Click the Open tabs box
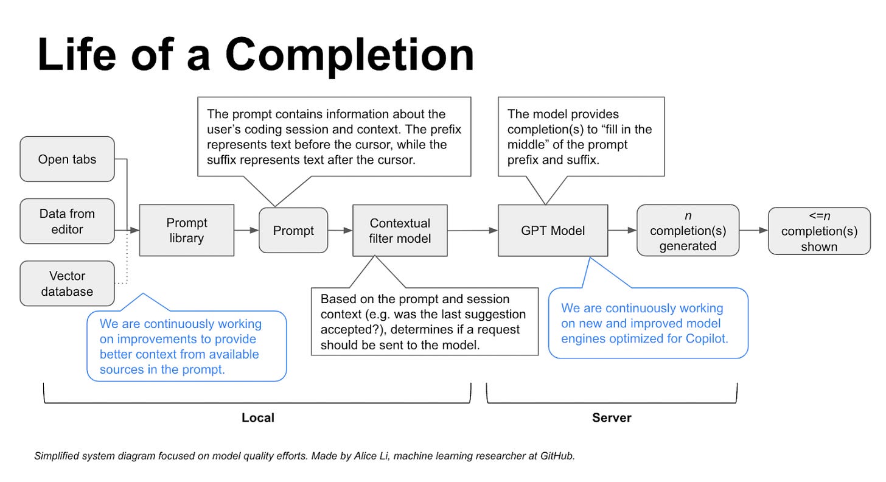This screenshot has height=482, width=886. pyautogui.click(x=67, y=159)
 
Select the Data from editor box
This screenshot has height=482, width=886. pyautogui.click(x=67, y=221)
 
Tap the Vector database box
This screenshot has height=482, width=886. pyautogui.click(x=67, y=284)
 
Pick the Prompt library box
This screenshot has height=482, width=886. pyautogui.click(x=187, y=230)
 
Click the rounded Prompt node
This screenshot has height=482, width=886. pyautogui.click(x=293, y=230)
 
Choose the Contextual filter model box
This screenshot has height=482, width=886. pyautogui.click(x=400, y=230)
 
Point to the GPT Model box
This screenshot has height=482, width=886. pyautogui.click(x=553, y=230)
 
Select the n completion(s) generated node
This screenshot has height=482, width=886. pyautogui.click(x=688, y=230)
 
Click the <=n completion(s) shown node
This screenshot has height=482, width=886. pyautogui.click(x=819, y=231)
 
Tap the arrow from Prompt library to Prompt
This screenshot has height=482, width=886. pyautogui.click(x=246, y=230)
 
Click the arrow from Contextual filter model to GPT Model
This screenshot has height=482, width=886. pyautogui.click(x=473, y=230)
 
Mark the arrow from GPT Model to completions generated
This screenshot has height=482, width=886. pyautogui.click(x=622, y=230)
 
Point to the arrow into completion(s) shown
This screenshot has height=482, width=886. pyautogui.click(x=753, y=230)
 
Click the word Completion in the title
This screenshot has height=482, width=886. pyautogui.click(x=350, y=55)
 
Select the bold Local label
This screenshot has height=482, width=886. pyautogui.click(x=258, y=417)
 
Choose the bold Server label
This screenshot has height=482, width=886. pyautogui.click(x=612, y=417)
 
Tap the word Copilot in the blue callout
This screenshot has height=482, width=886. pyautogui.click(x=706, y=339)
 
